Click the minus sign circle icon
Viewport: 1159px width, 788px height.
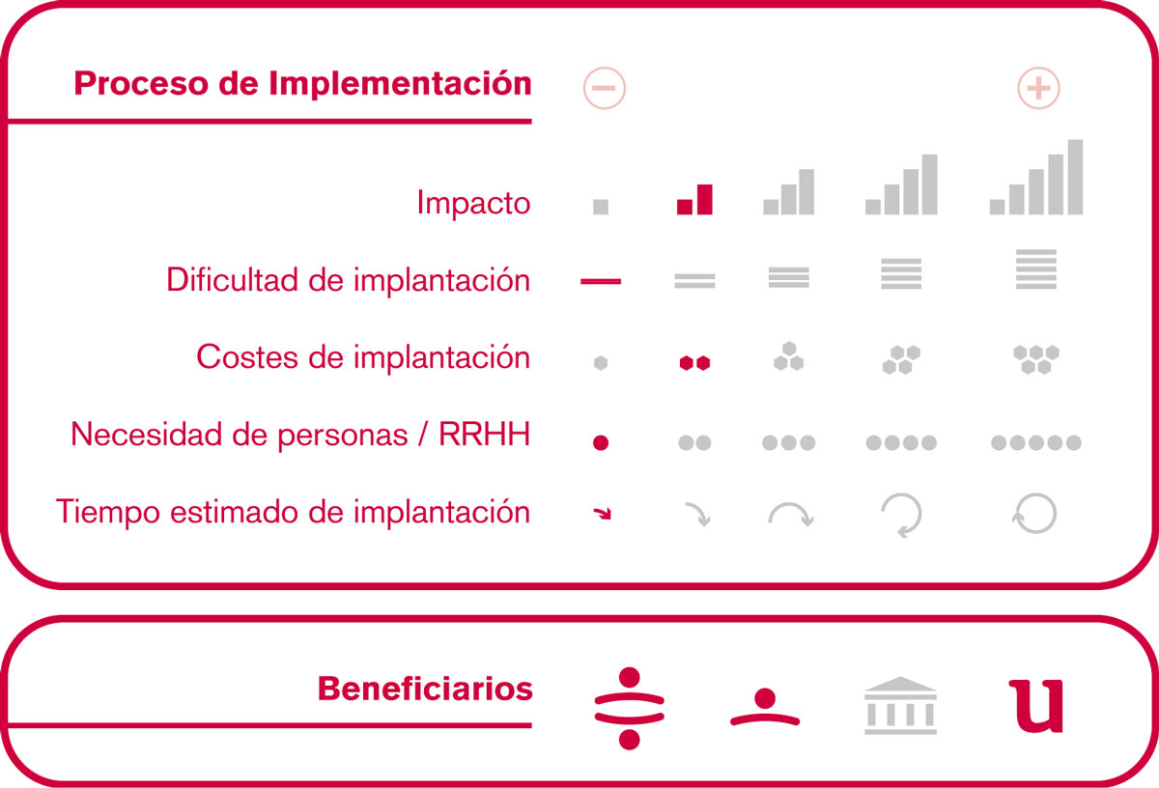click(604, 88)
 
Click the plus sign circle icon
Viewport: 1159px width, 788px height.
click(1038, 88)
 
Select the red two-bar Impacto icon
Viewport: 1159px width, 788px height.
click(694, 199)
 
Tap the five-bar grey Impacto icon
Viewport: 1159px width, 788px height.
click(1035, 177)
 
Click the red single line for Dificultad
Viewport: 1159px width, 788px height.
click(601, 281)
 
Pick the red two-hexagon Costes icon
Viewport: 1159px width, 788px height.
click(694, 363)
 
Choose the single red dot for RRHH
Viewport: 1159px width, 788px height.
click(601, 443)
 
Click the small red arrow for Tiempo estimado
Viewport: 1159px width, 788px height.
click(603, 513)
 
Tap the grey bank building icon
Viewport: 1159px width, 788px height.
click(900, 705)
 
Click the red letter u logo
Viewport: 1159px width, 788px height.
click(1035, 706)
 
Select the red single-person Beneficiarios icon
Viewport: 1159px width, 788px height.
click(765, 707)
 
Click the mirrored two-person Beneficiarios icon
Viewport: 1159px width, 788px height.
click(629, 708)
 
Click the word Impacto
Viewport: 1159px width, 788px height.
click(473, 203)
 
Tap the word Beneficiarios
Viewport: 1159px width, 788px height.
click(425, 689)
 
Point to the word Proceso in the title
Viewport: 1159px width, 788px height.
click(141, 84)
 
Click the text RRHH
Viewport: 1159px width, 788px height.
click(484, 435)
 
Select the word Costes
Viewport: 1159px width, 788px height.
click(247, 357)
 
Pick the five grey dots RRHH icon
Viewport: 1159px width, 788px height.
click(1035, 443)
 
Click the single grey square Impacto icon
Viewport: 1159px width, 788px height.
click(601, 207)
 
